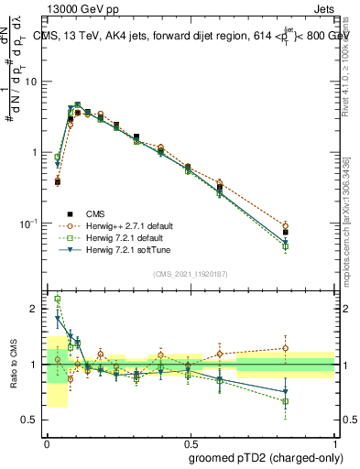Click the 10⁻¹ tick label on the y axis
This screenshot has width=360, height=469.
[31, 223]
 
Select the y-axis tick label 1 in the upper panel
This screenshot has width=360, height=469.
[38, 152]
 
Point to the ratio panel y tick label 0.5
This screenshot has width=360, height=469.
[32, 420]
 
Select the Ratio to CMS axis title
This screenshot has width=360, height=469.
[12, 364]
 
